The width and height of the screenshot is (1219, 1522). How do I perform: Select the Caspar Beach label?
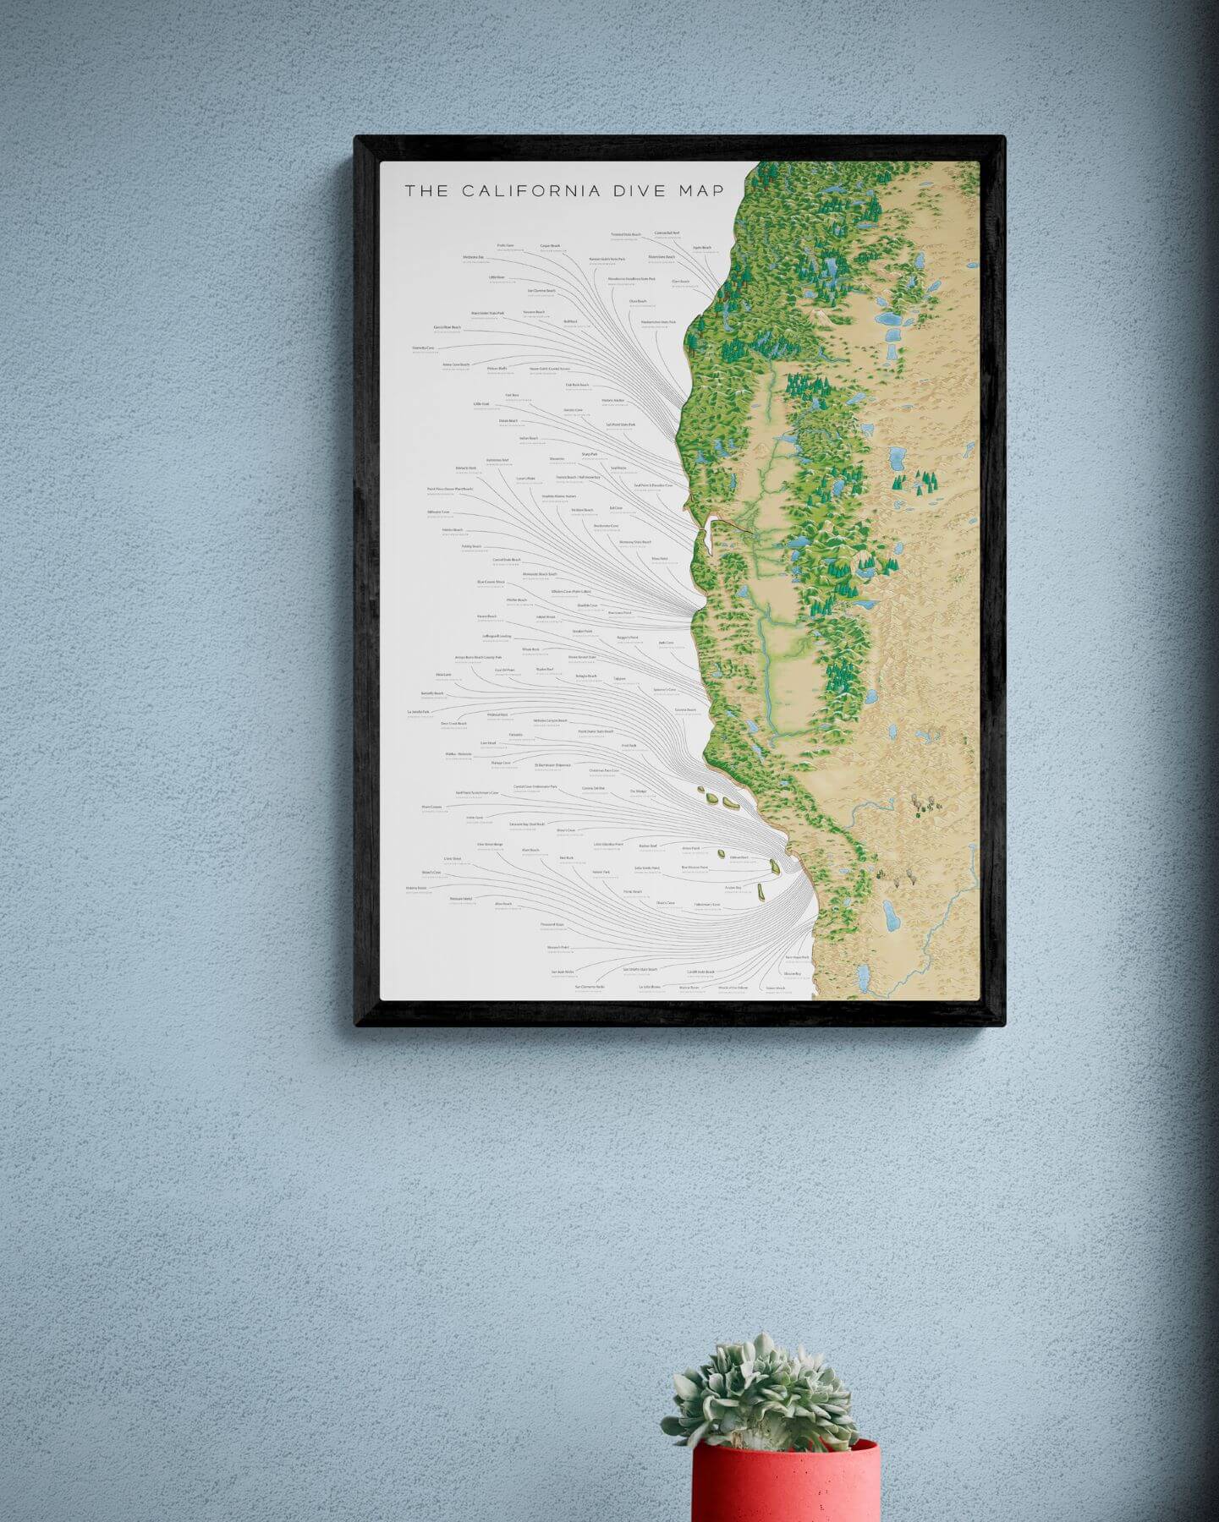point(550,246)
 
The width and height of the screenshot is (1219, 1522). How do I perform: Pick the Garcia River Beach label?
point(447,327)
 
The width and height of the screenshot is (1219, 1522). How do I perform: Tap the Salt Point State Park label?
point(620,424)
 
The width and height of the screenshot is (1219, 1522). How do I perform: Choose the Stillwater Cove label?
point(439,512)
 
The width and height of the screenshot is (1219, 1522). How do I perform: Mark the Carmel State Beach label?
point(506,560)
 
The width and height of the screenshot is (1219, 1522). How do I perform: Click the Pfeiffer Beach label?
point(516,600)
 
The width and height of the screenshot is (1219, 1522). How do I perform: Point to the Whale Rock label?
point(530,649)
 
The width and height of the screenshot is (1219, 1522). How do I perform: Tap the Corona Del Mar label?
point(593,788)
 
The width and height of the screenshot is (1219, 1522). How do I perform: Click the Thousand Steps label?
point(552,925)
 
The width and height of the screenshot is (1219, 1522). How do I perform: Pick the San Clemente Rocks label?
point(590,987)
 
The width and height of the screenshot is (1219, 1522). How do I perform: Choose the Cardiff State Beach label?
point(700,972)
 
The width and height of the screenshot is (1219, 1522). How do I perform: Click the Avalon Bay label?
point(733,888)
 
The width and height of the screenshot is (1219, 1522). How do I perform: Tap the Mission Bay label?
point(792,974)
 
